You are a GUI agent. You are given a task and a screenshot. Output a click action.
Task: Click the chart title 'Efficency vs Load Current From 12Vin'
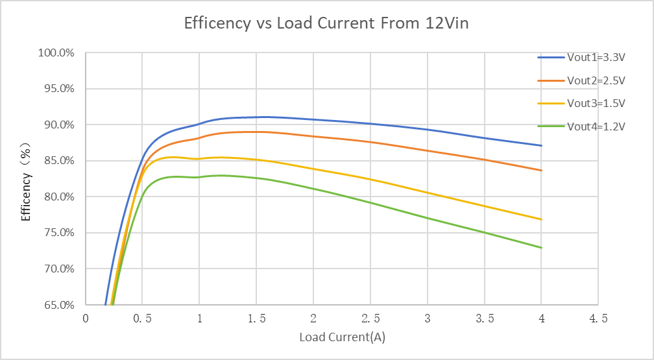[326, 24]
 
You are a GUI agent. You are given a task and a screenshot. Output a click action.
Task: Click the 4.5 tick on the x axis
[598, 319]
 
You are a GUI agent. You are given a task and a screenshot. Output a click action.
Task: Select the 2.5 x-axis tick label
[370, 319]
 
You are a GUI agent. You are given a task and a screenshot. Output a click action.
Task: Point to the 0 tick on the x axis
[86, 319]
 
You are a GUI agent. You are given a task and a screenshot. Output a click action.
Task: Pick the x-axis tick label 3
[427, 319]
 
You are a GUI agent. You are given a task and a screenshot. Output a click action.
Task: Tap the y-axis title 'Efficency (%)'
[27, 179]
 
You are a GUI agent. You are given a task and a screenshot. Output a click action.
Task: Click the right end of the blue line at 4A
[541, 145]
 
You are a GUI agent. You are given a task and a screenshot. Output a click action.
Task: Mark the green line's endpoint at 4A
[541, 247]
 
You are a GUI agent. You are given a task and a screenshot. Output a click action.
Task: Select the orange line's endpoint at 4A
[541, 170]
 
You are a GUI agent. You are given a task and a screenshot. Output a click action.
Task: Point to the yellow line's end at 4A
[541, 219]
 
